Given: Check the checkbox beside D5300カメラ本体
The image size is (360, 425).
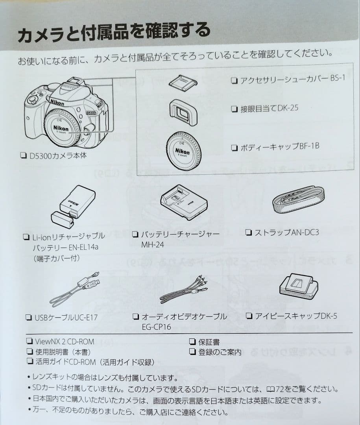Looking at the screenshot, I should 23,155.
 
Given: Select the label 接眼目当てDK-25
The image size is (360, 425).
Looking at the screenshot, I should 269,108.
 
